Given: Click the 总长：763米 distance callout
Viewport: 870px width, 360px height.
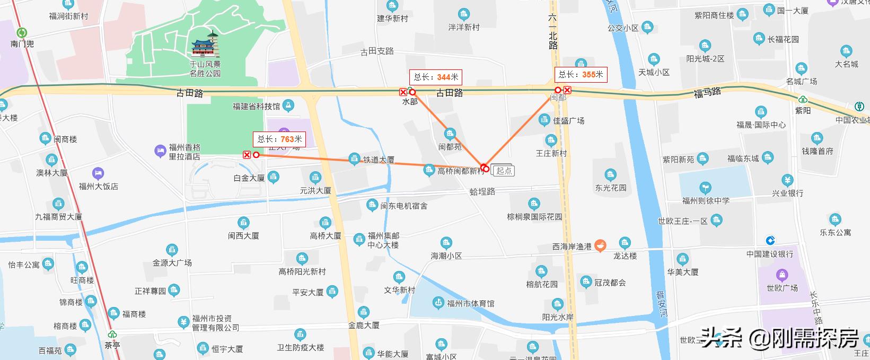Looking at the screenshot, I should pyautogui.click(x=279, y=139).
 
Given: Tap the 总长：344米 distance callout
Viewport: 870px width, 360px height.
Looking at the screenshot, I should pyautogui.click(x=435, y=77).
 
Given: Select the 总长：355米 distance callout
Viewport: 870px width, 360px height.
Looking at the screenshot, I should pyautogui.click(x=581, y=75).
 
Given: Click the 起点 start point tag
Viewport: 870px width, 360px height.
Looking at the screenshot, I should pyautogui.click(x=503, y=170).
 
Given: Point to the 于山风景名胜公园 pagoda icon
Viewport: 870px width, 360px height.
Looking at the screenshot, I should pyautogui.click(x=205, y=46).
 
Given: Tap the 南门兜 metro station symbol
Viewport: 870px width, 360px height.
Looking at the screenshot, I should pyautogui.click(x=22, y=32).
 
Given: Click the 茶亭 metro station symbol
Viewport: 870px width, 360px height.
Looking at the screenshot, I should pyautogui.click(x=112, y=335).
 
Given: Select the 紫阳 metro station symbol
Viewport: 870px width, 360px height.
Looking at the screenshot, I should pyautogui.click(x=803, y=100).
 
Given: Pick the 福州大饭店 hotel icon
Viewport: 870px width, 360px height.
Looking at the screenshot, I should pyautogui.click(x=98, y=173).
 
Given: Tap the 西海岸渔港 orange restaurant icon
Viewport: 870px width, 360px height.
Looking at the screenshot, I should pyautogui.click(x=600, y=245).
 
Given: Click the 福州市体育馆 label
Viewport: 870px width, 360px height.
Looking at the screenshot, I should pyautogui.click(x=471, y=303).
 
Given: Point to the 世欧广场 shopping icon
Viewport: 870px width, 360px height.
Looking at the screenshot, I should pyautogui.click(x=781, y=275).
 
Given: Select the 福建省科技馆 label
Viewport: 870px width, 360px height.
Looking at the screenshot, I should pyautogui.click(x=256, y=106).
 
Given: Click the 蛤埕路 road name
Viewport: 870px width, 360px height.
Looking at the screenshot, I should pyautogui.click(x=482, y=191).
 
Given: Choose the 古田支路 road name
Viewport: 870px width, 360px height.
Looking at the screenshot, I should pyautogui.click(x=377, y=51).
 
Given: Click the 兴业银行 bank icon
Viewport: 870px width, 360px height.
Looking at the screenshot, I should pyautogui.click(x=788, y=180).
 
